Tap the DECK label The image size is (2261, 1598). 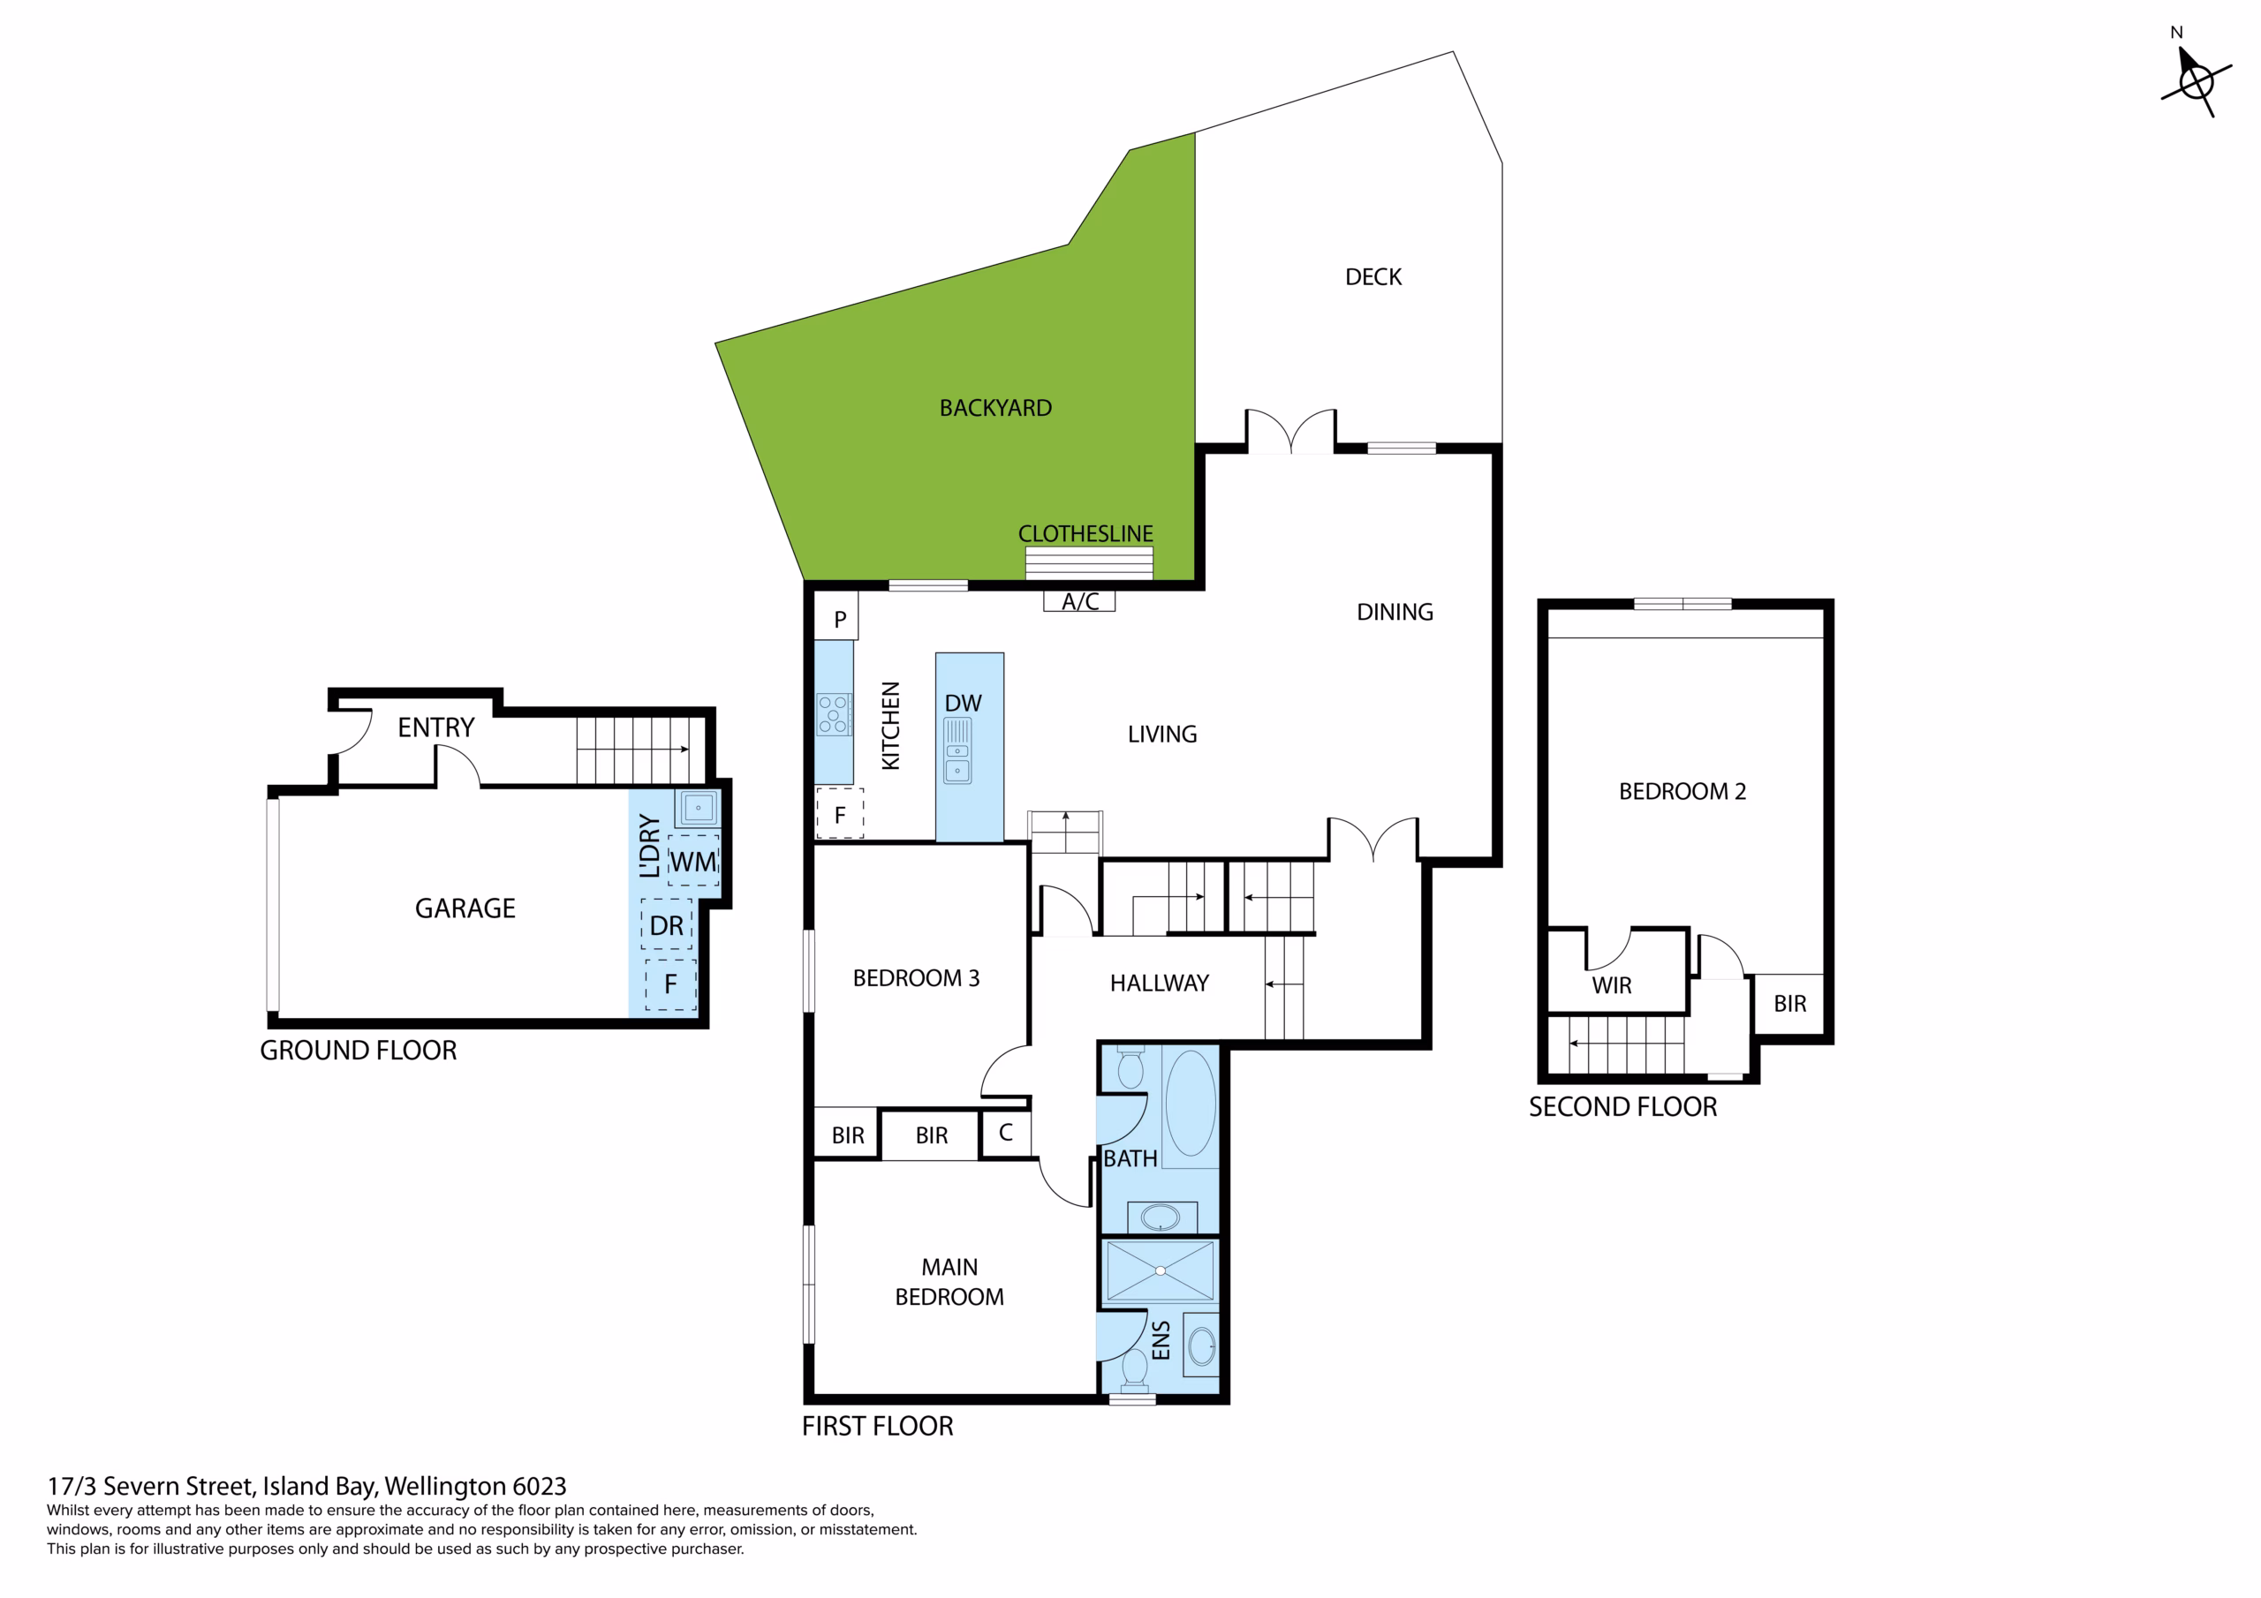(x=1372, y=277)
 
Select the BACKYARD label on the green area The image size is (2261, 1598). (x=995, y=408)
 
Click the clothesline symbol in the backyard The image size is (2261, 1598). (x=1088, y=563)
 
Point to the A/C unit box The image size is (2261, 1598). (x=1079, y=600)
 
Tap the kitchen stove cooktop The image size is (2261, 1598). (x=833, y=714)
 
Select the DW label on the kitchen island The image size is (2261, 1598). (x=962, y=703)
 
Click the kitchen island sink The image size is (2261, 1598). (x=957, y=750)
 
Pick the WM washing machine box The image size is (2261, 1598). (x=693, y=861)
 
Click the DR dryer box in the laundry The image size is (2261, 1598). (x=667, y=924)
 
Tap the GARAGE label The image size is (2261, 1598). (x=465, y=908)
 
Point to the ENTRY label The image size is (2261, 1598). (x=435, y=727)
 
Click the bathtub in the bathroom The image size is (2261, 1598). (x=1191, y=1103)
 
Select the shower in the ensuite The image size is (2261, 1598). (x=1160, y=1271)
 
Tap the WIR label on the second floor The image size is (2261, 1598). (x=1611, y=985)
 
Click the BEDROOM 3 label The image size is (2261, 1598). (x=916, y=977)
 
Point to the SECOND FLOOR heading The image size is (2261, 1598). (x=1622, y=1107)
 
